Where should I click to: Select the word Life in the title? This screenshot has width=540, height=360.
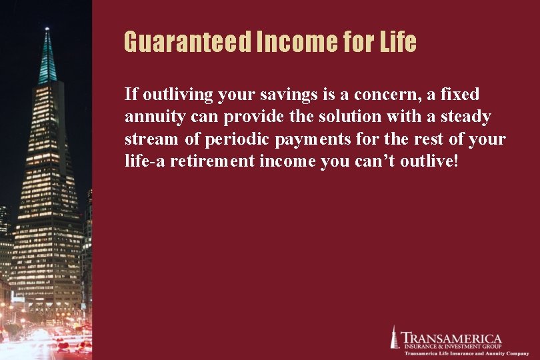click(397, 43)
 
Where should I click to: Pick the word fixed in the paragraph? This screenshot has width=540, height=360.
click(459, 95)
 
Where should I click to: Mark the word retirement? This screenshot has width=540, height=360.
click(213, 162)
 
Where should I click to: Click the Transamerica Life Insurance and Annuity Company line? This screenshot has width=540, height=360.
click(459, 353)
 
